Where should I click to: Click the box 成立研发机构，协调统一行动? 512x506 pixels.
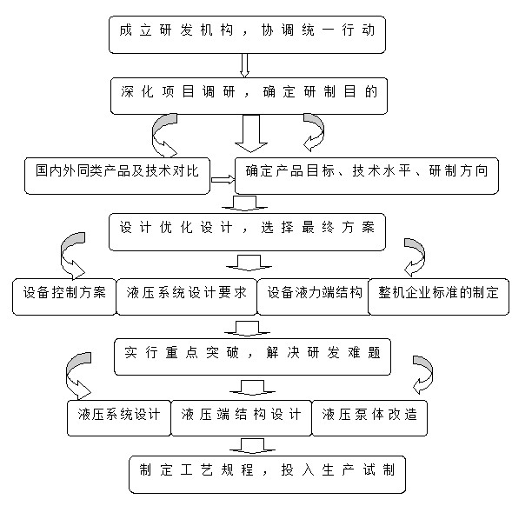point(247,35)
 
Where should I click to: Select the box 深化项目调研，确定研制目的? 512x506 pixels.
point(249,96)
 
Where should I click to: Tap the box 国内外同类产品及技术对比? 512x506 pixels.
point(117,176)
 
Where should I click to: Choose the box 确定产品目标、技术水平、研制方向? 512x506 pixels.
point(367,176)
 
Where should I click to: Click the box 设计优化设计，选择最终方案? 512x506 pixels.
point(247,232)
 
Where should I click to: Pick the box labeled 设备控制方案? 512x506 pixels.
point(64,296)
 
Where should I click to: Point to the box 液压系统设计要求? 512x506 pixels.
point(186,296)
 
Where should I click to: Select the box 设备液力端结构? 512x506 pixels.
point(314,296)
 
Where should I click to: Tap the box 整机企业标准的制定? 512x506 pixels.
point(438,296)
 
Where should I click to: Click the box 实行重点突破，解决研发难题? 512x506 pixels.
point(252,356)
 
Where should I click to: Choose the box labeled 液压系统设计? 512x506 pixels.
point(119,418)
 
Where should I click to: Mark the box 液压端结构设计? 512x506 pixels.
point(242,418)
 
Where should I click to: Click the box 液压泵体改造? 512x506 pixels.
point(369,418)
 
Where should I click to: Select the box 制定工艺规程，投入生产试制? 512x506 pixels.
point(268,475)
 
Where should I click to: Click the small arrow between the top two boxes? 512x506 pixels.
point(244,65)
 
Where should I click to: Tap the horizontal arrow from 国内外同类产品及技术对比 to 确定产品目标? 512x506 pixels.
point(223,180)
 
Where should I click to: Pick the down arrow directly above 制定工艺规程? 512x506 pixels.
point(252,446)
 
